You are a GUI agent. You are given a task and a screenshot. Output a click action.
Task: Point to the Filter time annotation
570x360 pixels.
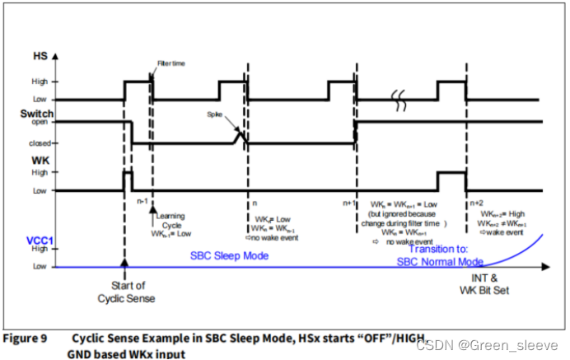click(170, 63)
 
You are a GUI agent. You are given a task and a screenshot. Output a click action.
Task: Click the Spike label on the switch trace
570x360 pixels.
click(216, 117)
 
